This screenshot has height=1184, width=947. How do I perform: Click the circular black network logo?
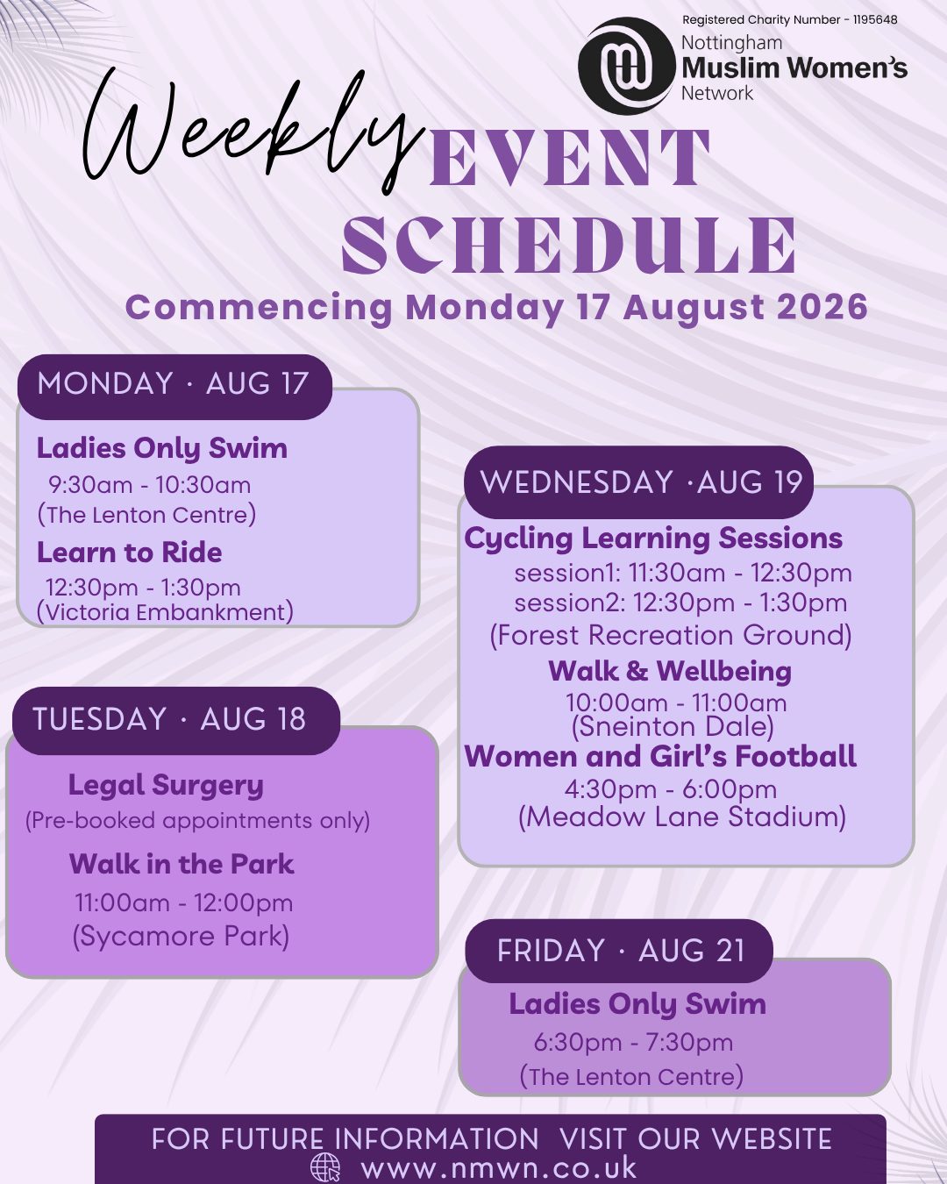627,66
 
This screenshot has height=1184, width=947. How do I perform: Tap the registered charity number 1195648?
790,20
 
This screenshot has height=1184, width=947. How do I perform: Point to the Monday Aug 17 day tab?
174,387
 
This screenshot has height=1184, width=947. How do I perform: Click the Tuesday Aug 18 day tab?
176,720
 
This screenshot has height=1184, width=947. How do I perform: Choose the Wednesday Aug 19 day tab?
639,482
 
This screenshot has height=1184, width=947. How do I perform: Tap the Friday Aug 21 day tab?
619,951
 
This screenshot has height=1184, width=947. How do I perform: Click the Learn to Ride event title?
129,553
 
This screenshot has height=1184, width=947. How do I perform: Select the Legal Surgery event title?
166,785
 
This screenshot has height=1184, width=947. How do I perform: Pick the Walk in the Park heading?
182,864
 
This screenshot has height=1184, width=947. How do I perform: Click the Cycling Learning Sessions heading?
653,539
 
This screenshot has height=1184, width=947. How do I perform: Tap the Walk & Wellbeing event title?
670,671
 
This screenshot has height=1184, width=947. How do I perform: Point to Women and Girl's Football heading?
660,756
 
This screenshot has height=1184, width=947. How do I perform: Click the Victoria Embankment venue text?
165,612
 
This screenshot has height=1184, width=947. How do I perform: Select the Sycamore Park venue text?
181,936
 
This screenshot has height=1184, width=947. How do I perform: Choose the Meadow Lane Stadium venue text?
682,817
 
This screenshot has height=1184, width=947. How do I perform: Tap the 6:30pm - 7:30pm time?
633,1043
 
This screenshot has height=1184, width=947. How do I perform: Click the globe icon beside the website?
326,1167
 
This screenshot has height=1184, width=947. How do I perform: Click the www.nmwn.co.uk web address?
499,1167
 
